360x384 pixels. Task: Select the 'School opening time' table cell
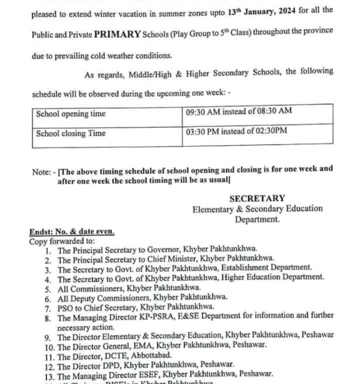click(x=70, y=113)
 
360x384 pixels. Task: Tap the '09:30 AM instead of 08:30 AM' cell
click(x=238, y=111)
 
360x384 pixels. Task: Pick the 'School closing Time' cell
click(x=70, y=133)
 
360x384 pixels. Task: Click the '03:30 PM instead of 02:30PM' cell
click(x=236, y=131)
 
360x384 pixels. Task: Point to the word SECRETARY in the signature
click(x=257, y=198)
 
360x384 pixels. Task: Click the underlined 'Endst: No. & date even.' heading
click(x=71, y=231)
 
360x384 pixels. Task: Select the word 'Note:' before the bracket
click(x=43, y=171)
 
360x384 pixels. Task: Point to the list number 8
click(x=47, y=317)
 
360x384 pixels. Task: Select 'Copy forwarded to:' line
click(x=58, y=240)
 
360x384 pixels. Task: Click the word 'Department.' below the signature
click(x=257, y=219)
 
